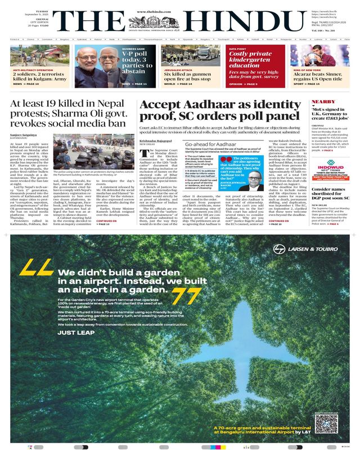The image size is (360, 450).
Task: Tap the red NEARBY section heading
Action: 323,102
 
